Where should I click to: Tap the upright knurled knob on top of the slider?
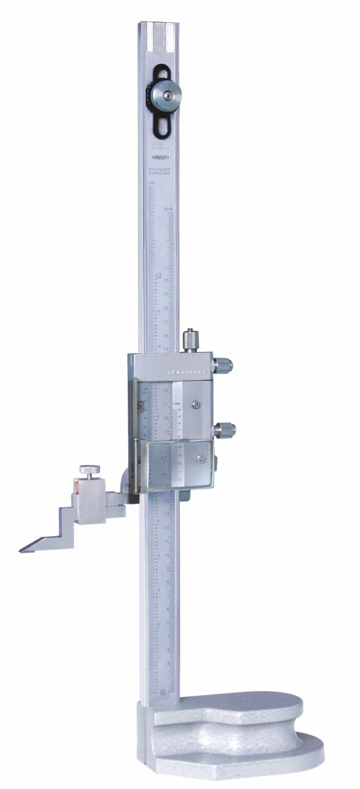[x=189, y=338]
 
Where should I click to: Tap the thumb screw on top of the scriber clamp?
[x=88, y=471]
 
